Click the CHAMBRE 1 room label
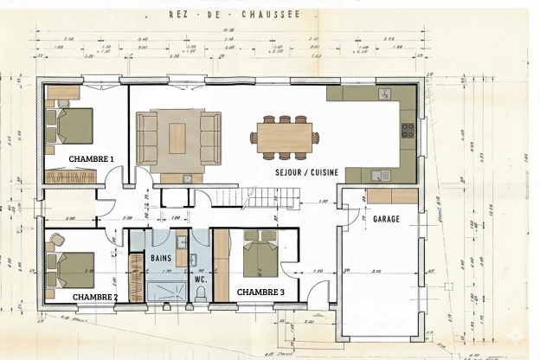(x=91, y=159)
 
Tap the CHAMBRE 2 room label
(x=95, y=297)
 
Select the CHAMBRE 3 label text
(x=260, y=292)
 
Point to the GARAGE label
(x=386, y=219)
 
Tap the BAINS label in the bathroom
(x=161, y=258)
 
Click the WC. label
(x=200, y=280)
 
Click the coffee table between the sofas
(x=177, y=134)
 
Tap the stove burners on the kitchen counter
(x=406, y=132)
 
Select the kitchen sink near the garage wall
(x=378, y=176)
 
